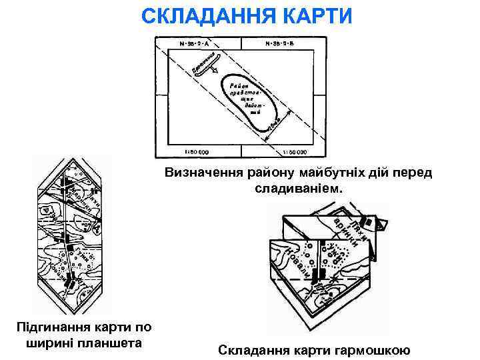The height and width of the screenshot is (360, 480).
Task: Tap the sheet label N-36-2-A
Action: coord(195,45)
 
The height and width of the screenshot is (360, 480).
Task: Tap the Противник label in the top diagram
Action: coord(206,65)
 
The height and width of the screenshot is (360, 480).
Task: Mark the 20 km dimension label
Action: coord(275,124)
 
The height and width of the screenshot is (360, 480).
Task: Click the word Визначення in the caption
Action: coord(203,173)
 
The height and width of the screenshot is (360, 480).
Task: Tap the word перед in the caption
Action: coord(413,173)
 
